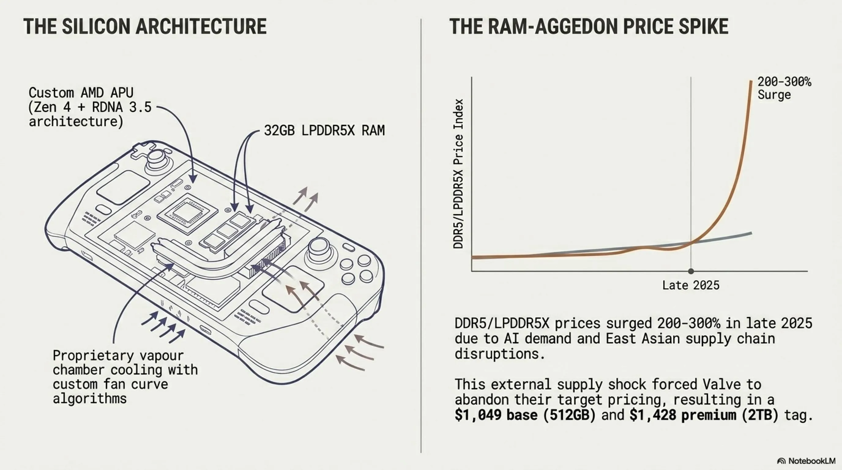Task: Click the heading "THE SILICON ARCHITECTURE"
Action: (145, 27)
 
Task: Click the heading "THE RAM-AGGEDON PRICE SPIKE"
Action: (589, 27)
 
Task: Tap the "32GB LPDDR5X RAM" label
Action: (324, 130)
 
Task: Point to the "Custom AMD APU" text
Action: (81, 93)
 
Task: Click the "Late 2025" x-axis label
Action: (691, 285)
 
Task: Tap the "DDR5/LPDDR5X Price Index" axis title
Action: (458, 174)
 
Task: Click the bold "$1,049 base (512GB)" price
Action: (525, 415)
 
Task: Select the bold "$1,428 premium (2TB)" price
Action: (704, 415)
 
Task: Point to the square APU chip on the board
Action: (187, 213)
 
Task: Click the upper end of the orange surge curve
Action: (751, 81)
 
